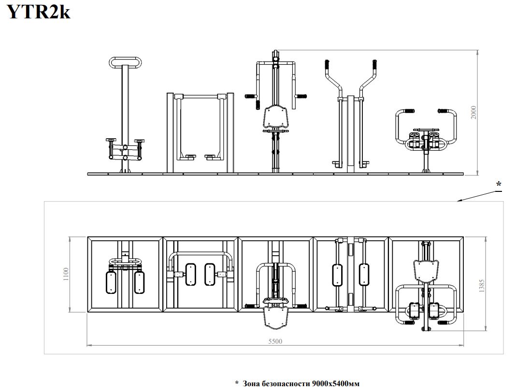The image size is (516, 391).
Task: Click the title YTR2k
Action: (x=39, y=12)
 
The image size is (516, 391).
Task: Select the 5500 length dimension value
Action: (x=275, y=341)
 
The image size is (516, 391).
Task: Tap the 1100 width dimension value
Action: (x=66, y=274)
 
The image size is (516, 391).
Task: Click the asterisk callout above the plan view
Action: (x=499, y=184)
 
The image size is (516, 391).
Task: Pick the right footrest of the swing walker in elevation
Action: (x=212, y=156)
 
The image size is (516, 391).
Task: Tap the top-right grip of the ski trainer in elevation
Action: (x=374, y=65)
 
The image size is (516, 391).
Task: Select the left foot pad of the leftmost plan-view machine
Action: (x=111, y=282)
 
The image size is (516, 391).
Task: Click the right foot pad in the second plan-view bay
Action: (x=210, y=274)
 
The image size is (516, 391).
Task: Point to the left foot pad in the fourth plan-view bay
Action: (x=337, y=275)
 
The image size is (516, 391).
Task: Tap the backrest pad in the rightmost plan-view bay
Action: (x=426, y=271)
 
